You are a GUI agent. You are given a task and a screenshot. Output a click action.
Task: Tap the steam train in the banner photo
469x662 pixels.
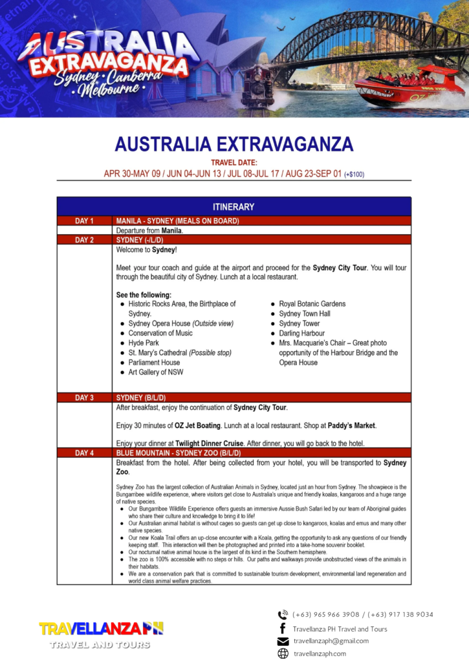[257, 84]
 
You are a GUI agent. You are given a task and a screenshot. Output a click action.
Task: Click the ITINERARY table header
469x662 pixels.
[234, 207]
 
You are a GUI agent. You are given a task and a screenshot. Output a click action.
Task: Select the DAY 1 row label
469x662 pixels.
[84, 221]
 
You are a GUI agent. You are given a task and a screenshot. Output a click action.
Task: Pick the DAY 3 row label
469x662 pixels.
[84, 398]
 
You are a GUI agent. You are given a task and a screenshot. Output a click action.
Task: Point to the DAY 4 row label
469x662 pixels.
[84, 453]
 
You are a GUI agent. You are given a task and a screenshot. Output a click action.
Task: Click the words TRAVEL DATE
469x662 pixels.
[234, 163]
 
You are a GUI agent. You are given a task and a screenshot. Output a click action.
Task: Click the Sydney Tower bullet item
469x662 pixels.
[299, 323]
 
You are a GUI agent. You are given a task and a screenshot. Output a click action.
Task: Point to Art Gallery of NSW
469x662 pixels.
[155, 372]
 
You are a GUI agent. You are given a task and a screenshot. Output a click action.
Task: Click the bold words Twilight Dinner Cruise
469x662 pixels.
[210, 443]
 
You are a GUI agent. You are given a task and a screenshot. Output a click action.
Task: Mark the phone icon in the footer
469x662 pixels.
[283, 615]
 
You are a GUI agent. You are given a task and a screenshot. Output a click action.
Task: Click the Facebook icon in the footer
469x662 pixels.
[283, 628]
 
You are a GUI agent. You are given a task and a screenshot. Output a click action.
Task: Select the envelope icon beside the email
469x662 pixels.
[283, 641]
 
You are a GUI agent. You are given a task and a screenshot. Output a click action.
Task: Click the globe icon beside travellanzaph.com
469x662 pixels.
[283, 654]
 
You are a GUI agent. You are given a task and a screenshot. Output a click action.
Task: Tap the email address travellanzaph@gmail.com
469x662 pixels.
[331, 641]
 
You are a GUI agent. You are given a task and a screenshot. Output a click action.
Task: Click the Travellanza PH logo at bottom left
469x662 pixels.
[101, 634]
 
